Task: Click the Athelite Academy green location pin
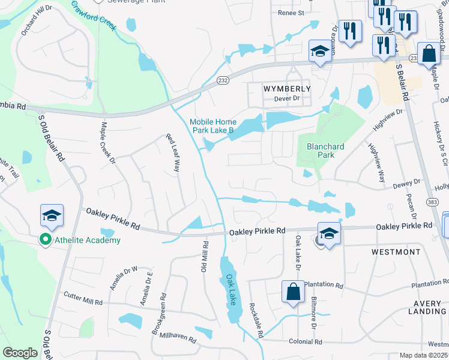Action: (x=44, y=240)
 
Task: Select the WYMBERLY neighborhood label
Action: (x=288, y=88)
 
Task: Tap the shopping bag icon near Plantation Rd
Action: (x=292, y=293)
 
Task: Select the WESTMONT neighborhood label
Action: (x=396, y=252)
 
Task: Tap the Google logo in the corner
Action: (x=20, y=353)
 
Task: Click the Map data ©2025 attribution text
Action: (x=424, y=355)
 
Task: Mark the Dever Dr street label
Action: (x=286, y=98)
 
